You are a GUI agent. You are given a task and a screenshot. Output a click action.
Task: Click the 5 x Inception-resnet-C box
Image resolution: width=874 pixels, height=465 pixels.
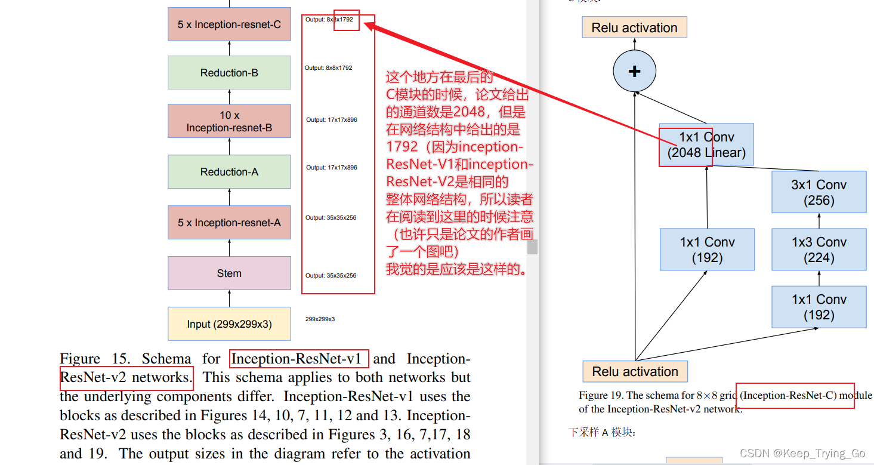tap(229, 24)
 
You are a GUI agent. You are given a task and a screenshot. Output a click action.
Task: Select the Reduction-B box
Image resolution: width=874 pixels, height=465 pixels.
tap(229, 73)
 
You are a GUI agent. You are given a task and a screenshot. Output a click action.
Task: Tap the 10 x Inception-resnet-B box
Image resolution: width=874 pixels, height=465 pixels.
tap(229, 121)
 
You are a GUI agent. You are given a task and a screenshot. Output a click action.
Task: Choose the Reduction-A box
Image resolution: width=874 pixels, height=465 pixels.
tap(229, 172)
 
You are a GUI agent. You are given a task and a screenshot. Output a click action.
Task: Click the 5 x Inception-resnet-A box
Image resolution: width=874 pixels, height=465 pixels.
tap(229, 223)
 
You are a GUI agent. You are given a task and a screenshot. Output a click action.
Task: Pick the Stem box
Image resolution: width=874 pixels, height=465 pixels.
tap(229, 273)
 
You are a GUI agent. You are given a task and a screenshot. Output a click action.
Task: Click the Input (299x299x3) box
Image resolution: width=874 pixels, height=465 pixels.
tap(229, 324)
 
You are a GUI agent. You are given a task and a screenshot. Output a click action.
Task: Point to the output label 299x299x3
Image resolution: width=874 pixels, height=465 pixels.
tap(320, 319)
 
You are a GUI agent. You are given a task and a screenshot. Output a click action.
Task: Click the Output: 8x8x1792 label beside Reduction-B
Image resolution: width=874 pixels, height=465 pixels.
tap(328, 68)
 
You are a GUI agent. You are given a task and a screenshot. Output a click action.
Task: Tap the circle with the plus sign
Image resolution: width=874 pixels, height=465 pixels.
tap(634, 72)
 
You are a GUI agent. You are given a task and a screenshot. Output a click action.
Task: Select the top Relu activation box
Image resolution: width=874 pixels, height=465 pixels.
tap(634, 28)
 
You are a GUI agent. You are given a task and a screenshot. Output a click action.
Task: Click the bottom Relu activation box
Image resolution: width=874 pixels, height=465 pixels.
tap(635, 372)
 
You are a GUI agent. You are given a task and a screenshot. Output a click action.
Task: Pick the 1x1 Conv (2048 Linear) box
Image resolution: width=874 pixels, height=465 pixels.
tap(706, 145)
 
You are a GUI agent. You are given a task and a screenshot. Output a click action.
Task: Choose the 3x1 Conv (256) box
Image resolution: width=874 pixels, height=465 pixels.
tap(819, 193)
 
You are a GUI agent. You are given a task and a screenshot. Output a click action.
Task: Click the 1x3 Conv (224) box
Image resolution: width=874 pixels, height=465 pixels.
tap(819, 250)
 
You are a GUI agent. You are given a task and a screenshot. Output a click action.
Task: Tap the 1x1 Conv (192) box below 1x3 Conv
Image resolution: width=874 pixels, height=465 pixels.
tap(819, 307)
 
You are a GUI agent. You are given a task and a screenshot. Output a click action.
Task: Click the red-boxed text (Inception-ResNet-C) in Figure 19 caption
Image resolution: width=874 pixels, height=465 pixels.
tap(788, 395)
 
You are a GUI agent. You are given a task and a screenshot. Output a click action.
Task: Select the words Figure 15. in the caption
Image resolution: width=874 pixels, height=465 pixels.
tap(94, 359)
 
